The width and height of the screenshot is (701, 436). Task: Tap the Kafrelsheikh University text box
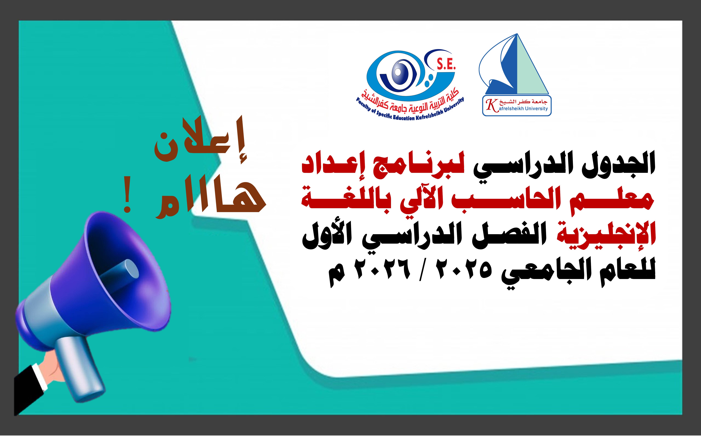pos(517,106)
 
